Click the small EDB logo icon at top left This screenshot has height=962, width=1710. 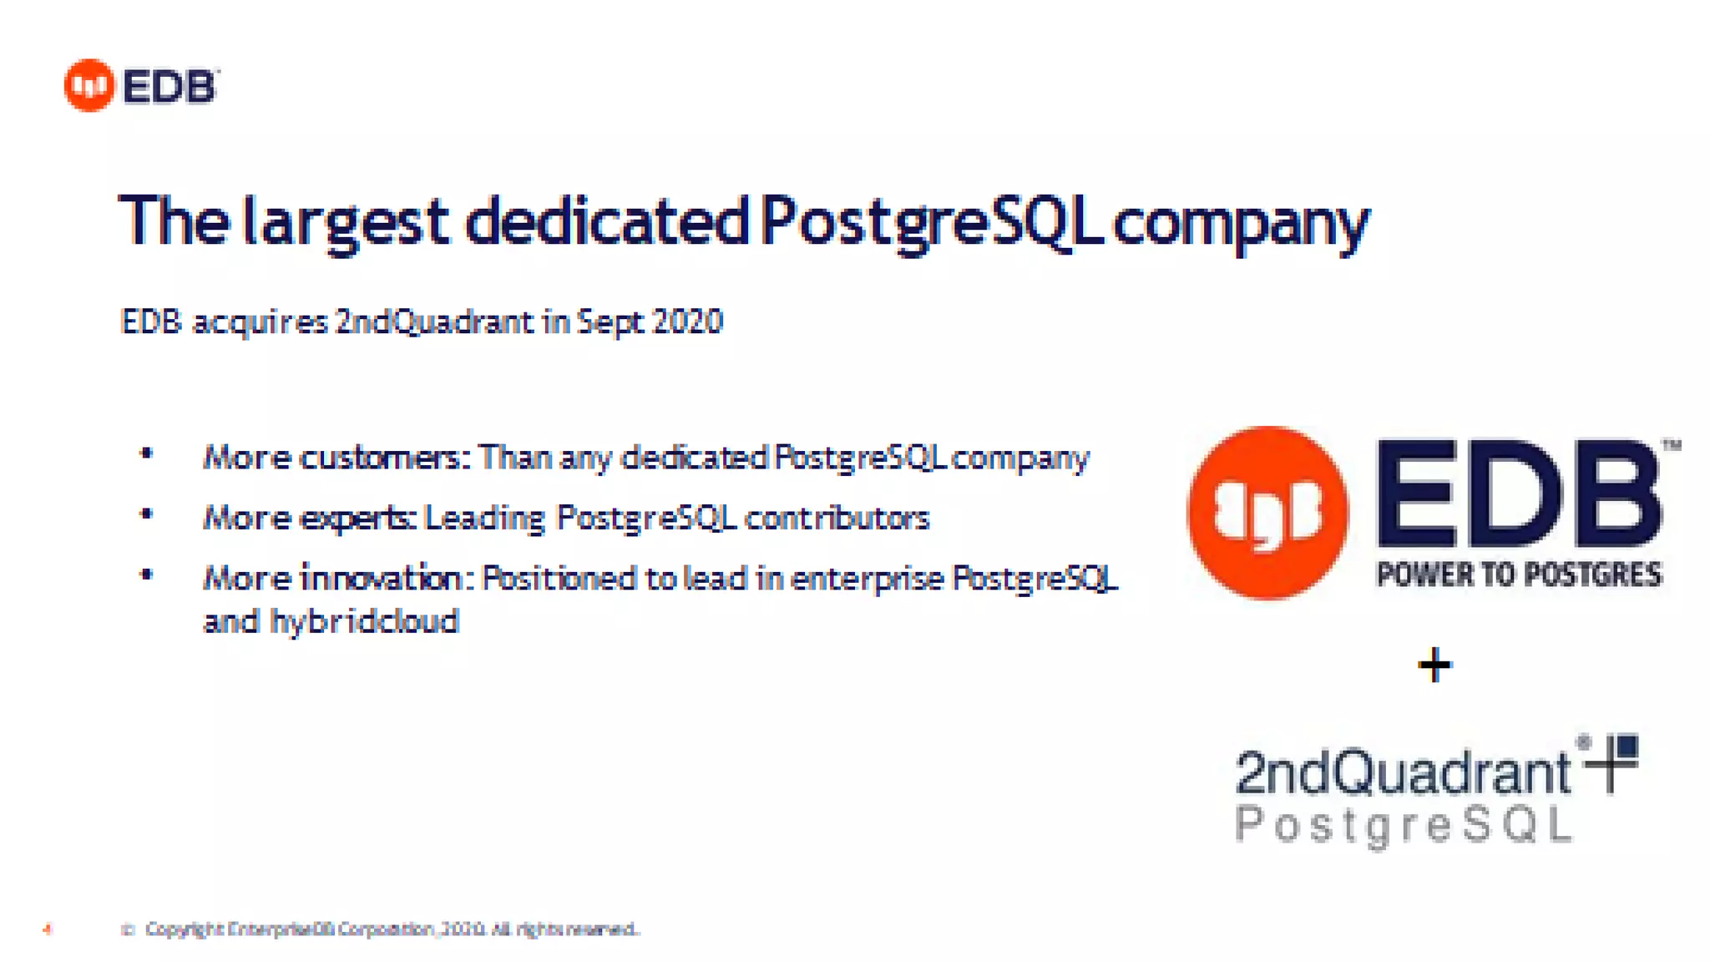pyautogui.click(x=89, y=85)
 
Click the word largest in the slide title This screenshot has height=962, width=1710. pyautogui.click(x=345, y=222)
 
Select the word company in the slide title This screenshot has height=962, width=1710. pyautogui.click(x=1241, y=224)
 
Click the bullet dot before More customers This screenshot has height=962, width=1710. pyautogui.click(x=147, y=454)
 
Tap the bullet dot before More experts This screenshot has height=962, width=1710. pyautogui.click(x=147, y=514)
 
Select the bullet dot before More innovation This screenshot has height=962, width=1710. pyautogui.click(x=147, y=575)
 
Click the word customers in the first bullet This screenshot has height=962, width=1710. pyautogui.click(x=381, y=458)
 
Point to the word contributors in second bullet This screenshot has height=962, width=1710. pyautogui.click(x=837, y=518)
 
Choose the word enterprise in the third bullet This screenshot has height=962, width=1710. pyautogui.click(x=867, y=578)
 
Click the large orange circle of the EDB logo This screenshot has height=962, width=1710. pyautogui.click(x=1267, y=513)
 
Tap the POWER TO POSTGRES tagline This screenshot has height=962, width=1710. pyautogui.click(x=1519, y=575)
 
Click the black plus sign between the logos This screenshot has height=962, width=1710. pyautogui.click(x=1434, y=666)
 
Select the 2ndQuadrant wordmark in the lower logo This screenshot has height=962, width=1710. pyautogui.click(x=1403, y=772)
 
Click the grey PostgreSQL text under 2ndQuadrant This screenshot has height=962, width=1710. pyautogui.click(x=1403, y=825)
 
